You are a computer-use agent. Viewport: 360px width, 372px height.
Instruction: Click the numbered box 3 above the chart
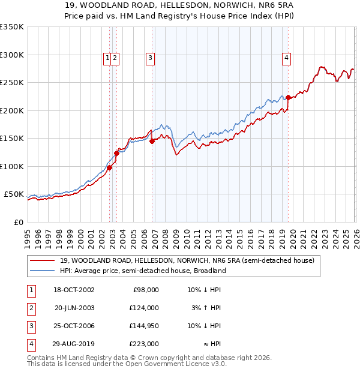tap(149, 58)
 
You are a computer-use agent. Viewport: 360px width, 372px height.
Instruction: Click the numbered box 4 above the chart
tap(287, 58)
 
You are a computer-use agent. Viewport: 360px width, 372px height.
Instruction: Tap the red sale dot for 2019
tap(288, 97)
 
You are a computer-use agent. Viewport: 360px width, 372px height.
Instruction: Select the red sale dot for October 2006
tap(152, 141)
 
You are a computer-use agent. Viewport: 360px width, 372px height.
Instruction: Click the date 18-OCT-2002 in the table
tap(74, 290)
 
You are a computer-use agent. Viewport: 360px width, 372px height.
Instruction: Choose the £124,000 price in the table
tap(143, 308)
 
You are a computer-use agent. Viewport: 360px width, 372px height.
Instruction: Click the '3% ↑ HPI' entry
tap(205, 308)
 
